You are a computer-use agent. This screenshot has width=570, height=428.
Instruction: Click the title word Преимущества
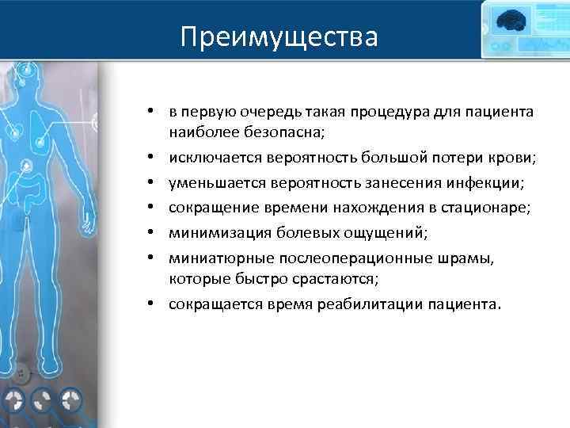click(x=279, y=36)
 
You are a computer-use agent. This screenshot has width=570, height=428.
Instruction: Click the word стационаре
click(x=465, y=208)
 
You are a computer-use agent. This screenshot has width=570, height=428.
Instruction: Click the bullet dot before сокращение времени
click(x=159, y=208)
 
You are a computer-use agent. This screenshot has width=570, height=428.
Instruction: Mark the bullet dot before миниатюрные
click(x=159, y=258)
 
